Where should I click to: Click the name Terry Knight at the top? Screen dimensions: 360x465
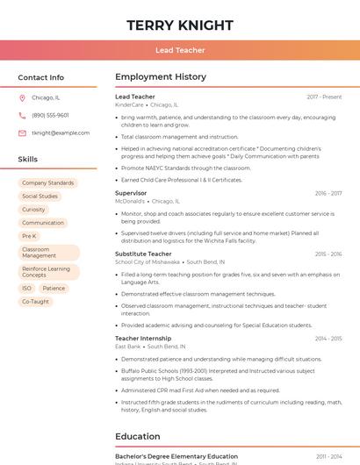[180, 25]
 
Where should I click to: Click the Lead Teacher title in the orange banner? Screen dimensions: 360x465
[180, 50]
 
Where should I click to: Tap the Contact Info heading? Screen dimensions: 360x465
[40, 78]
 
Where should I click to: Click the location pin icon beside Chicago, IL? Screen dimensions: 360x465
[23, 98]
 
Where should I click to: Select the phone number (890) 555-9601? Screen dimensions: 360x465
[50, 116]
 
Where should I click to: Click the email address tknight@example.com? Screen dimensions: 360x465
[61, 133]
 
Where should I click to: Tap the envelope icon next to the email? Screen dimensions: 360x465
[23, 133]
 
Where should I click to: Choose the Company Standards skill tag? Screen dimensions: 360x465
[48, 183]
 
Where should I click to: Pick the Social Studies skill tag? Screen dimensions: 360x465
[40, 197]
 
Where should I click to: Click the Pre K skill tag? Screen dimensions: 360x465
[29, 236]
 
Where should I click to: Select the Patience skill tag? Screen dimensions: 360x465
[54, 288]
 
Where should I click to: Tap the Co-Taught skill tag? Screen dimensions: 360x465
[35, 302]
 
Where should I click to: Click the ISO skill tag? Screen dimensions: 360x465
[26, 288]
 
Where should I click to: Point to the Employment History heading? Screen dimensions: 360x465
[161, 77]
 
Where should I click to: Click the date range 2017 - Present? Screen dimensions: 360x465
[324, 97]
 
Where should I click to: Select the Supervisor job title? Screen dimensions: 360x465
[131, 193]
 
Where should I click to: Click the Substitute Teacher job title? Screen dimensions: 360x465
[143, 254]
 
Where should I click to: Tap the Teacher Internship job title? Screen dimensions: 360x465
[143, 338]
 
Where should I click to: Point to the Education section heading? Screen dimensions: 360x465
[138, 436]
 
